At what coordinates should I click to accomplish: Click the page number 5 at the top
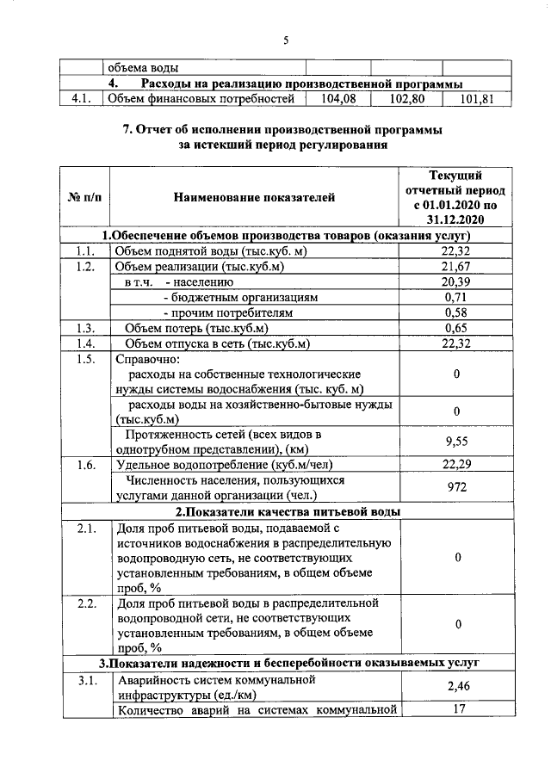point(286,38)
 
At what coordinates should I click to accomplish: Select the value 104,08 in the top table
point(337,99)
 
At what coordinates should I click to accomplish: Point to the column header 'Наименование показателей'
point(253,198)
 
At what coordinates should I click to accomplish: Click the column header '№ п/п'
point(84,198)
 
